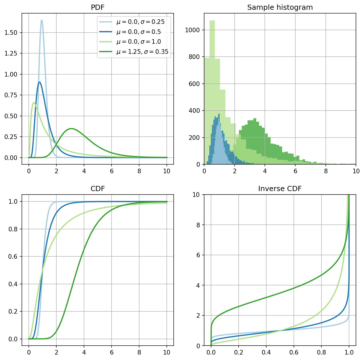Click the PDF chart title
pos(97,7)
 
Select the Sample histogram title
pos(280,7)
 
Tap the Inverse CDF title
pos(280,188)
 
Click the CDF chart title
pos(98,188)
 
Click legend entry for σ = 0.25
pos(132,22)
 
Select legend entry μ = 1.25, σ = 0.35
pos(134,52)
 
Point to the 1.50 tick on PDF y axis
pos(11,33)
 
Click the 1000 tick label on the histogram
pos(192,30)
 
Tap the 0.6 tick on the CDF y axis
pos(13,256)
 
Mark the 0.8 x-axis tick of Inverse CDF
pos(321,352)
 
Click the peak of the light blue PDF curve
pos(42,20)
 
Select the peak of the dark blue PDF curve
pos(39,82)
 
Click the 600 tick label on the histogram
pos(194,84)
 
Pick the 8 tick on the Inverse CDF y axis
pos(198,225)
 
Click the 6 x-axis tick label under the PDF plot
pos(112,171)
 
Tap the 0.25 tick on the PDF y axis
pos(11,137)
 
